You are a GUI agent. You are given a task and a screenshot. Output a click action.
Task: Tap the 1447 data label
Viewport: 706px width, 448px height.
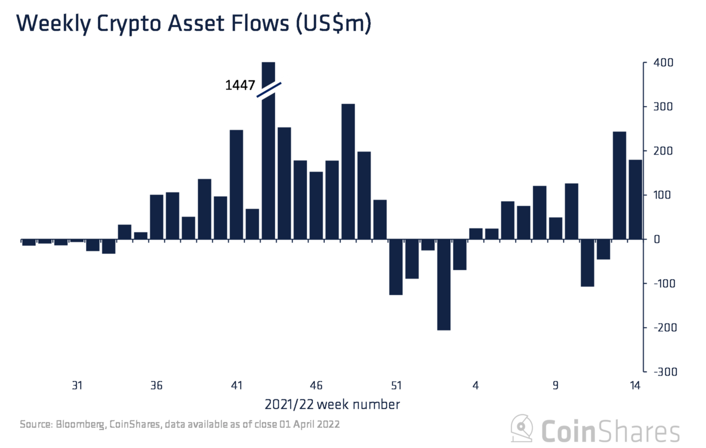click(240, 85)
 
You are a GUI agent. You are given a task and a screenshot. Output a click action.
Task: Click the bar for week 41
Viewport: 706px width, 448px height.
click(237, 184)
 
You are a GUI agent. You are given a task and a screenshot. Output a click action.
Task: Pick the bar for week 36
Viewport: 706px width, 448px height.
click(157, 216)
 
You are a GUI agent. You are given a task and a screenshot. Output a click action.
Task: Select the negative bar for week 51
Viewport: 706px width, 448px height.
click(396, 267)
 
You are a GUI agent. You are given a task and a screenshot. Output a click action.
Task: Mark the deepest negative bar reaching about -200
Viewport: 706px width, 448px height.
click(444, 285)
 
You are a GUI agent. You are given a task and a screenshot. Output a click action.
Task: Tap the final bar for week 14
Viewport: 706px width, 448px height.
click(635, 199)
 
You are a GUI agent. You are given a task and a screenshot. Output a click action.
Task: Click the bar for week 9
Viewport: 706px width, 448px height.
click(555, 228)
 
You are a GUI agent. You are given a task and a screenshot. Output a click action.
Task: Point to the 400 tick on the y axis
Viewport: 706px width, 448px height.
click(663, 63)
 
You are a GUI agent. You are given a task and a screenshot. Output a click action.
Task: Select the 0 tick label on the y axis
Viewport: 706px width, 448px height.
click(657, 239)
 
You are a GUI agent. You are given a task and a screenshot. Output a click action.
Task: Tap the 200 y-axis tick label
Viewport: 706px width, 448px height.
click(663, 151)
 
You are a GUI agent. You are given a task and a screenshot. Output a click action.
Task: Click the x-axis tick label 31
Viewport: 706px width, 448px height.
click(77, 385)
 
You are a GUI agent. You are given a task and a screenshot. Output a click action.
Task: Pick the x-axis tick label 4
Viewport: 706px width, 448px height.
click(476, 385)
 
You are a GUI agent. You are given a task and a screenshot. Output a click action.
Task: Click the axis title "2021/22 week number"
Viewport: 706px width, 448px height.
click(332, 405)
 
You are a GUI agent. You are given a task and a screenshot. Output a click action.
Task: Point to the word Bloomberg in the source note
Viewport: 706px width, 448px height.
click(80, 424)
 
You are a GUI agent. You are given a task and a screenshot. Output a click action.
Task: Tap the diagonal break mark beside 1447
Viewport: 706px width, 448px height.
click(269, 90)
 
